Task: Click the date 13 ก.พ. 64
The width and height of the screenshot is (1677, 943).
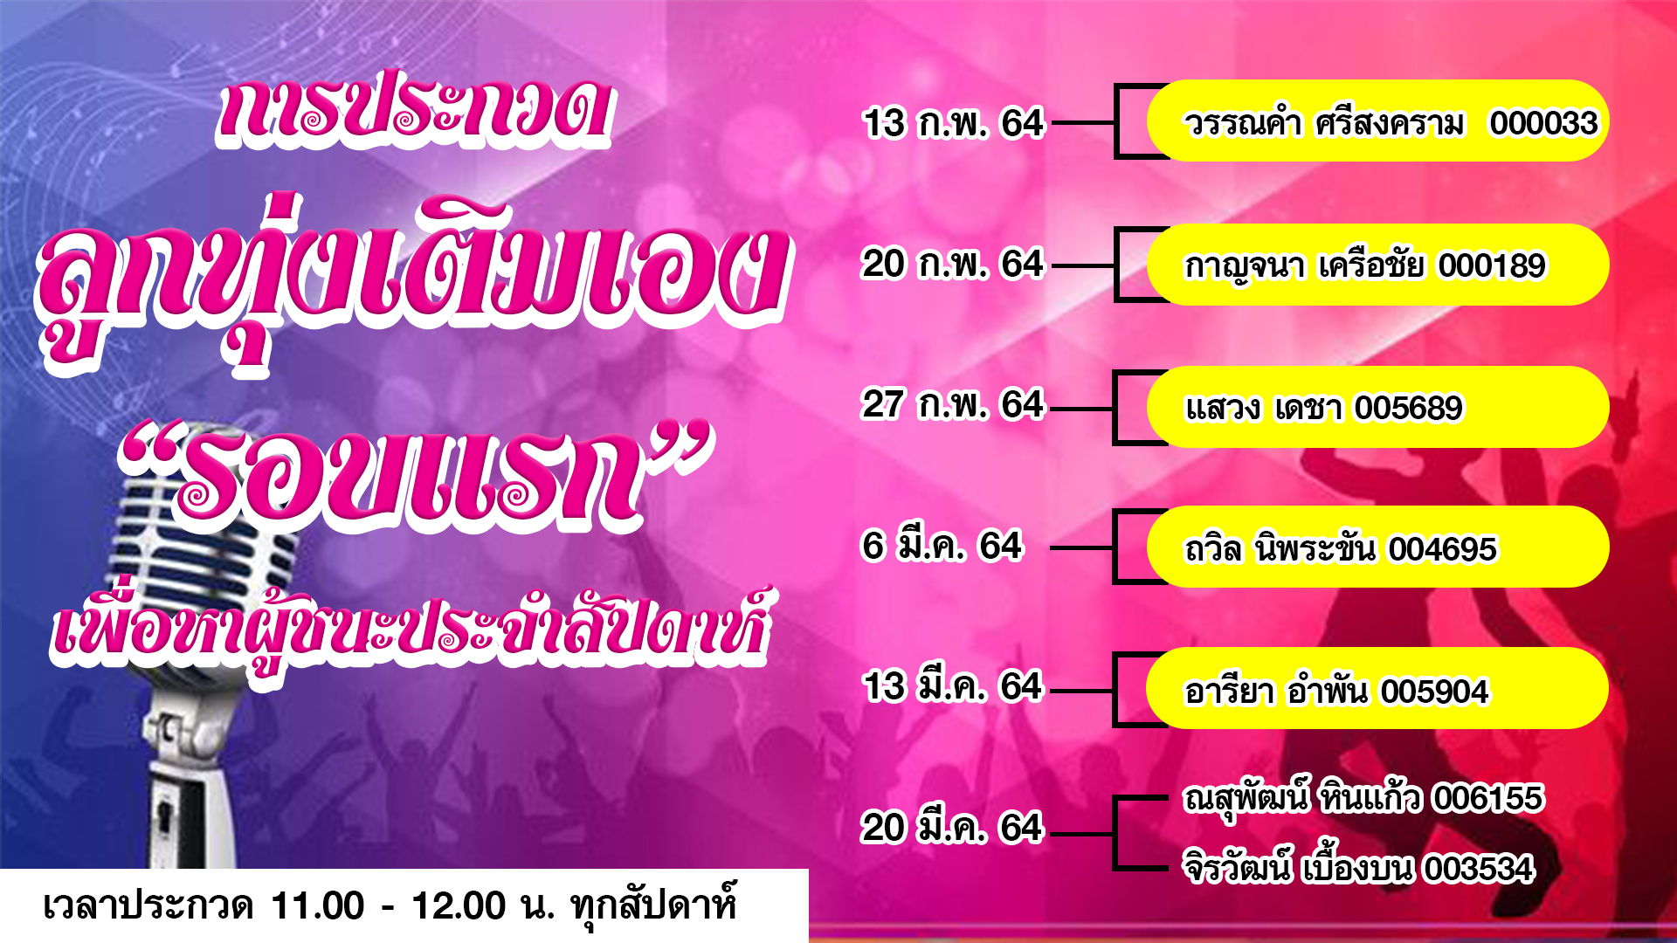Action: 953,123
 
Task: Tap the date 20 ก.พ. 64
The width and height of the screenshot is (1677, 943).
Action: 952,264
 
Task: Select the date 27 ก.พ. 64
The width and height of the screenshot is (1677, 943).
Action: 952,405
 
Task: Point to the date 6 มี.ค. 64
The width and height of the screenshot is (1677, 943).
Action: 942,547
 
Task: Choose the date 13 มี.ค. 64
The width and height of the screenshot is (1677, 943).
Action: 953,687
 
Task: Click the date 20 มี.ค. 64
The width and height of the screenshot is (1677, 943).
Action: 952,828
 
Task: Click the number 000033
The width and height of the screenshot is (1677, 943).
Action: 1543,123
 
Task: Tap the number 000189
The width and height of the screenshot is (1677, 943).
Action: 1492,265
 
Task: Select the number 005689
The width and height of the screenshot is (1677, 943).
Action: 1409,408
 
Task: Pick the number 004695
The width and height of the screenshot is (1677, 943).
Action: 1443,549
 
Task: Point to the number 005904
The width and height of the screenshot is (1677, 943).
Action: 1434,692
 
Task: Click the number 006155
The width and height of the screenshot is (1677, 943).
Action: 1488,798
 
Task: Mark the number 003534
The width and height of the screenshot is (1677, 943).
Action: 1479,869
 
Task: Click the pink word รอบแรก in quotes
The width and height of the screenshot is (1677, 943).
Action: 411,476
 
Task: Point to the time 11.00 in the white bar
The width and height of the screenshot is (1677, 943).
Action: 318,906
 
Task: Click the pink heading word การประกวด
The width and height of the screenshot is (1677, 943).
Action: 414,109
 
